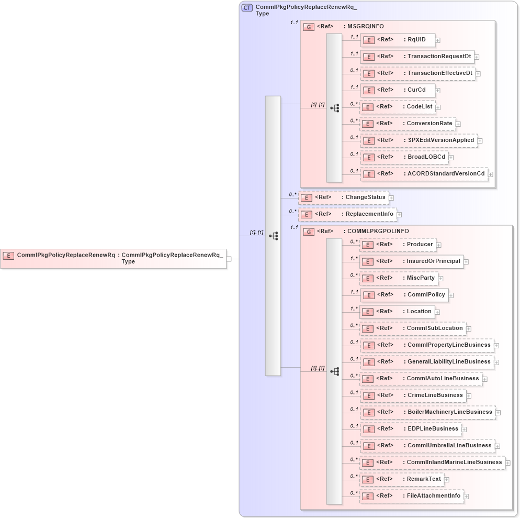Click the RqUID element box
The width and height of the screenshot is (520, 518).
(x=398, y=40)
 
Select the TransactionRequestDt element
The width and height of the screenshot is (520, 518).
(x=417, y=57)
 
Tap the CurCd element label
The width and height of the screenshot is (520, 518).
(x=416, y=90)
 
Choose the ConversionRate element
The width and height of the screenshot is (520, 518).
(x=408, y=124)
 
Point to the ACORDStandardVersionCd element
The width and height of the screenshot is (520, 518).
(x=424, y=174)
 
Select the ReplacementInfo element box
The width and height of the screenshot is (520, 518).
(x=347, y=214)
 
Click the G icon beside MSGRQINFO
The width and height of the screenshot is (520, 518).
(x=309, y=27)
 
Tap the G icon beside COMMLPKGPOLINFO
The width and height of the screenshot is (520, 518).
(x=309, y=232)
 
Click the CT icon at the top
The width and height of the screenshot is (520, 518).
(x=247, y=8)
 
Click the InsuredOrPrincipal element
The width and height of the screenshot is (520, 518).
(x=412, y=261)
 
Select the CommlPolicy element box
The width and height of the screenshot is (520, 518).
(x=404, y=295)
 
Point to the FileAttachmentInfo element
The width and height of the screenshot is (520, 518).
(x=411, y=496)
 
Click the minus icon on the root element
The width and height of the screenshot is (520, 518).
(x=229, y=259)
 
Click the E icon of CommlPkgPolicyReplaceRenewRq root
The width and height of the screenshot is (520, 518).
(x=8, y=256)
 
